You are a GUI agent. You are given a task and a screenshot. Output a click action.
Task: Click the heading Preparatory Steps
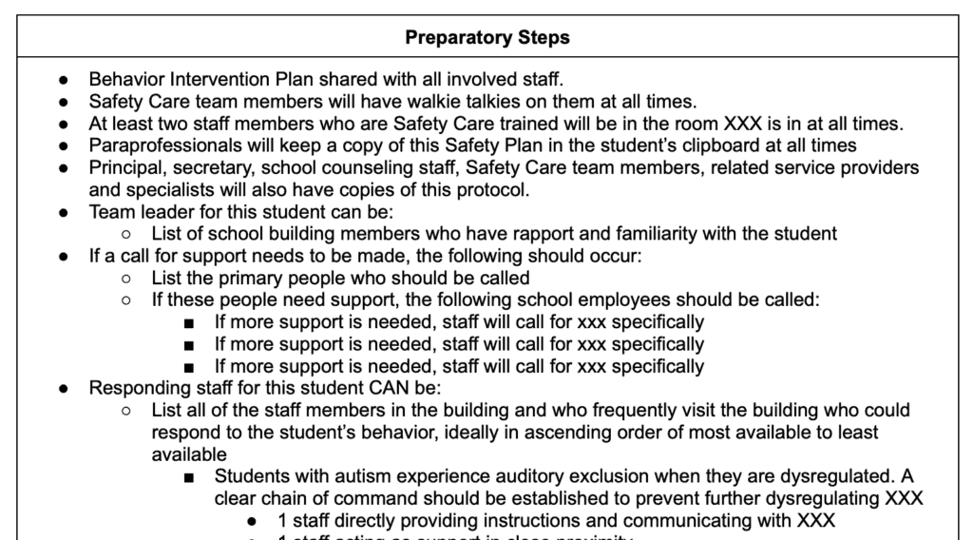(x=487, y=38)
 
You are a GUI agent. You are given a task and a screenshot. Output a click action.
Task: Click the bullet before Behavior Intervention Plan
(x=64, y=81)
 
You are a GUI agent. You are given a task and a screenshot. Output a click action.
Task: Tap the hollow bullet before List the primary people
(x=126, y=278)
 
